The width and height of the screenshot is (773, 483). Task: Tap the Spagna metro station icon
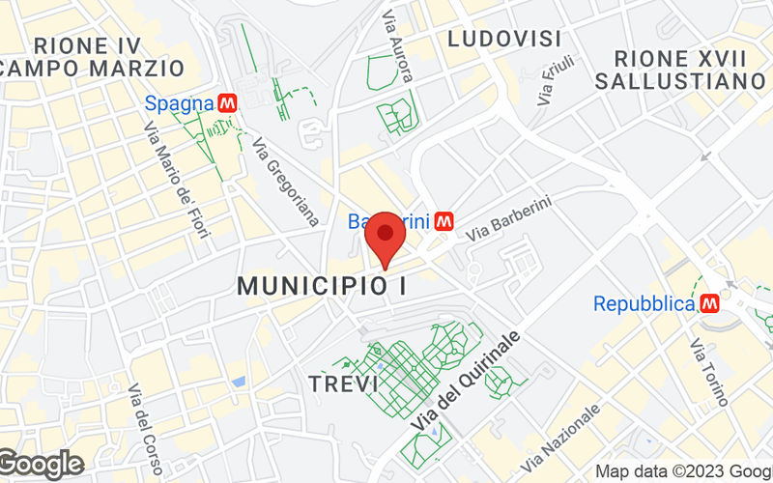(228, 101)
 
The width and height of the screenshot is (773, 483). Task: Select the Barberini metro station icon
(444, 221)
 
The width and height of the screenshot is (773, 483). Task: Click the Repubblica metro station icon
(711, 304)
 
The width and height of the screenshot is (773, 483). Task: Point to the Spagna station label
(179, 101)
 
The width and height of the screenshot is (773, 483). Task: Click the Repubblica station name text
(644, 304)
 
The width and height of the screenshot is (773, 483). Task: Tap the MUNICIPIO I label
(321, 286)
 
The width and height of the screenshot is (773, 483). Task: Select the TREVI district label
(343, 384)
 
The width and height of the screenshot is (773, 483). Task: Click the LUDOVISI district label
(504, 39)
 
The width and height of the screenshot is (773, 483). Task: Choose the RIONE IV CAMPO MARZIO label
(92, 56)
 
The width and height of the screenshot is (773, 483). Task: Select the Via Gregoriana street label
(285, 183)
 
